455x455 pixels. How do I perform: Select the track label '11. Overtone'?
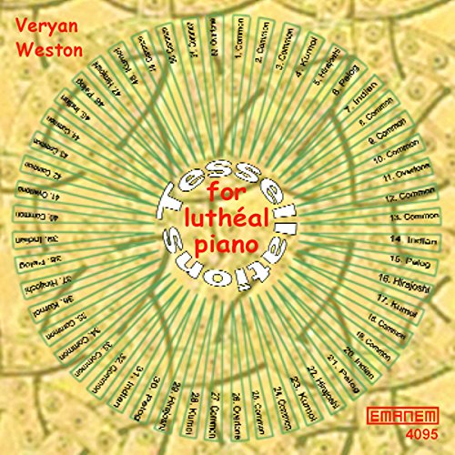click(398, 175)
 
